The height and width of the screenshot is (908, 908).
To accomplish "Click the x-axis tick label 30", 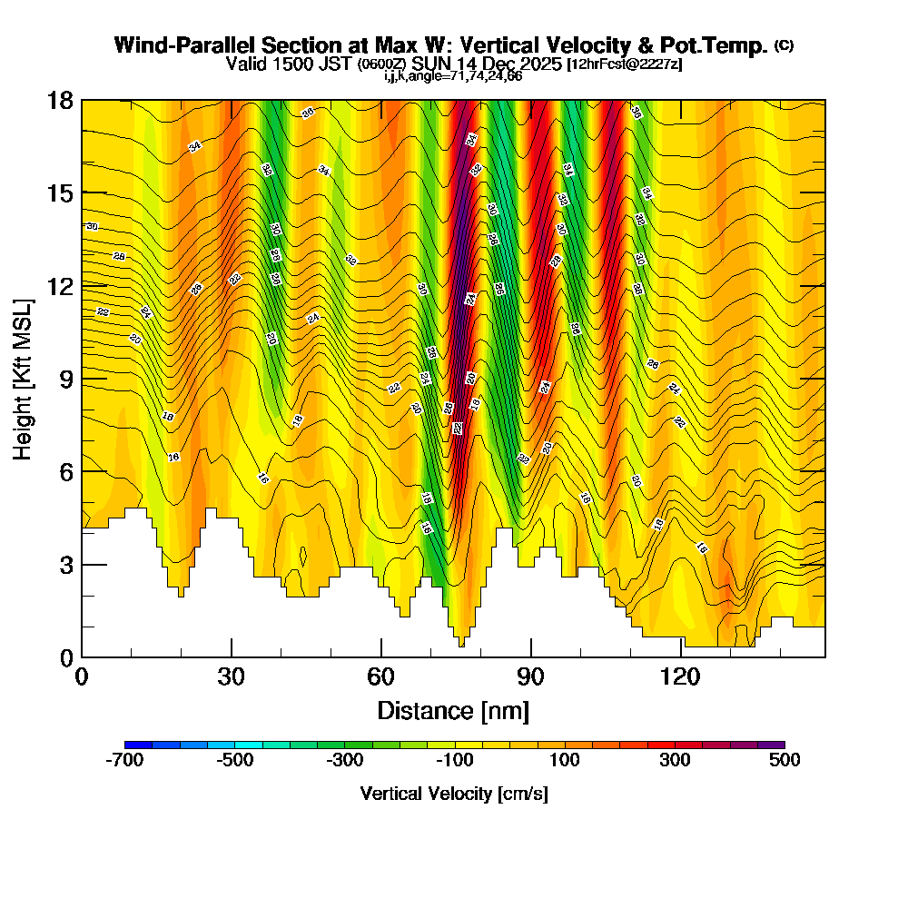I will pyautogui.click(x=232, y=676).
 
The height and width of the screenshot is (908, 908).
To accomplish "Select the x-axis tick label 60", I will pyautogui.click(x=381, y=676).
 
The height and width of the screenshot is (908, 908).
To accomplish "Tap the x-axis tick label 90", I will pyautogui.click(x=531, y=676).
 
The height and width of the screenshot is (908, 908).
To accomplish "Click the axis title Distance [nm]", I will pyautogui.click(x=453, y=709).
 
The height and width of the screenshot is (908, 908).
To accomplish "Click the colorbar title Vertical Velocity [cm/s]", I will pyautogui.click(x=454, y=794).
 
